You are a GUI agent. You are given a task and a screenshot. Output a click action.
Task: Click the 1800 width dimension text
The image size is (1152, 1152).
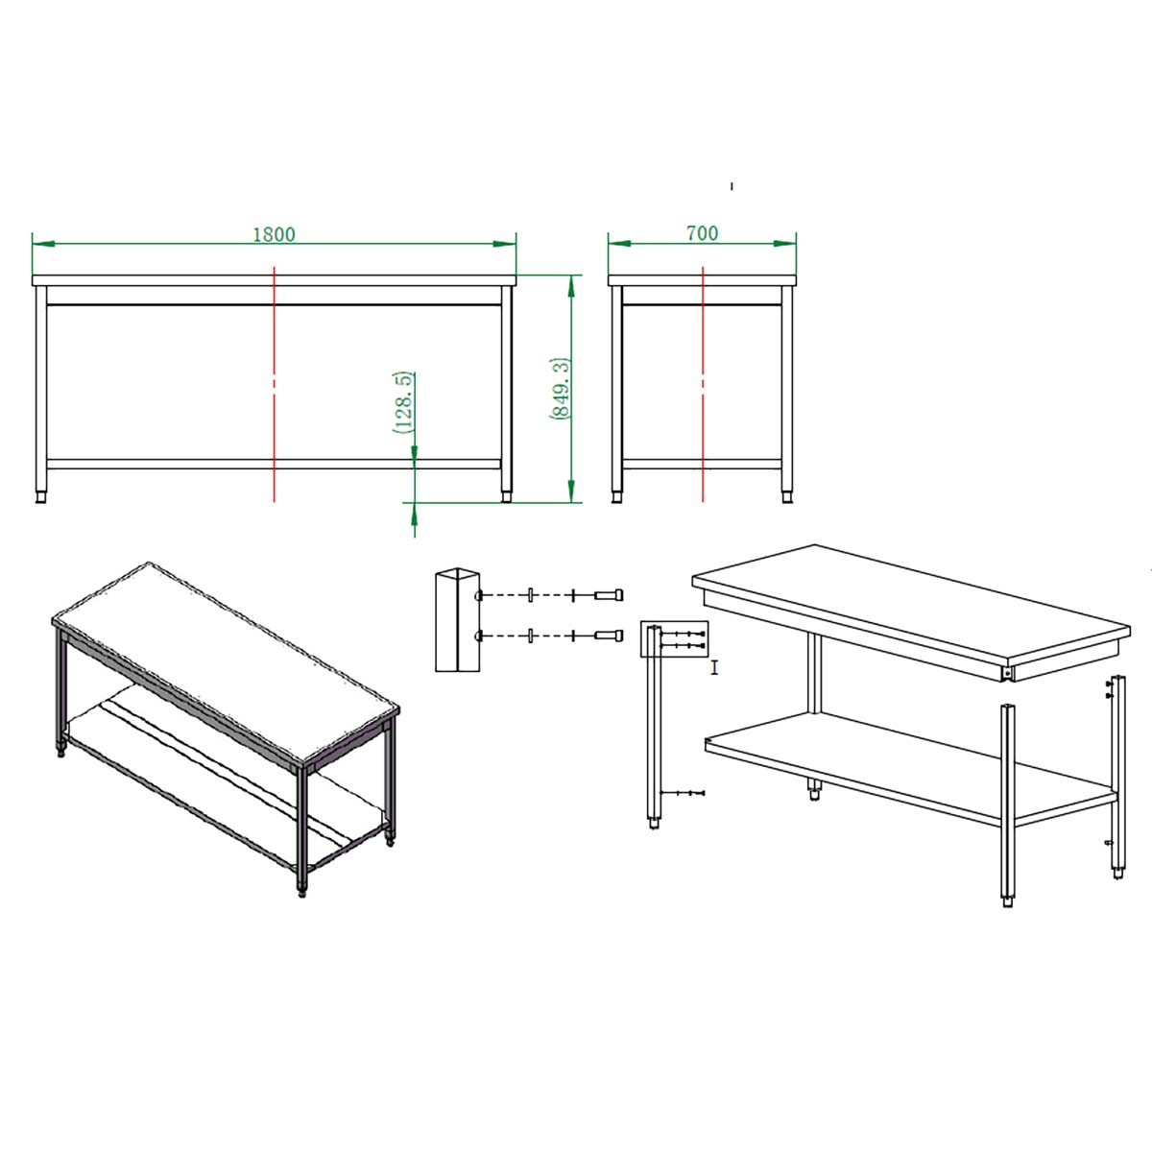(274, 233)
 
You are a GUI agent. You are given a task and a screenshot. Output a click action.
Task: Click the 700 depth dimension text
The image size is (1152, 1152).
(702, 232)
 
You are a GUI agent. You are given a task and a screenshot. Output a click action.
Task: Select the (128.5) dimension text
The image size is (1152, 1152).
(404, 402)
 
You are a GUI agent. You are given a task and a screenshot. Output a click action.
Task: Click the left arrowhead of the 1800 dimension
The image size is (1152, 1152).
(43, 244)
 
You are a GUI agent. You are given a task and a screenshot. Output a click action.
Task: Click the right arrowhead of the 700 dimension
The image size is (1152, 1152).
(784, 243)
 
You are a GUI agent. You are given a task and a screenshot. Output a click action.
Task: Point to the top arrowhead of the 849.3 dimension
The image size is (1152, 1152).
(571, 287)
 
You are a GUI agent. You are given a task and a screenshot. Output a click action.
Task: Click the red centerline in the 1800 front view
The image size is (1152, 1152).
(274, 384)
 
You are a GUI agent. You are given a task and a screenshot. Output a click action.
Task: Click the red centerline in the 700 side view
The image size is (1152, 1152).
(703, 384)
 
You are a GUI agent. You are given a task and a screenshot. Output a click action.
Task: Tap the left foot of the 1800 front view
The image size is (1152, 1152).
(41, 496)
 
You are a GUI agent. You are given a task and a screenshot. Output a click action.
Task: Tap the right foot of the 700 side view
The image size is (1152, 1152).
(787, 496)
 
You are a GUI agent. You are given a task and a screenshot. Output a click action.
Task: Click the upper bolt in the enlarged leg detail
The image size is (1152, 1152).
(610, 594)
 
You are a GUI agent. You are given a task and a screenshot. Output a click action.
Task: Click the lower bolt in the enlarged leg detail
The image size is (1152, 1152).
(610, 636)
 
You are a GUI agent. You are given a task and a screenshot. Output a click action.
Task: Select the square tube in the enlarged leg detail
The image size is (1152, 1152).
(457, 619)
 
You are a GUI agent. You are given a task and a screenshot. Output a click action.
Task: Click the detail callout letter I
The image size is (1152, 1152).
(714, 668)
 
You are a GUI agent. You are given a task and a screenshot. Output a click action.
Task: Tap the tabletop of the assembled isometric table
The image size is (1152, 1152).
(226, 662)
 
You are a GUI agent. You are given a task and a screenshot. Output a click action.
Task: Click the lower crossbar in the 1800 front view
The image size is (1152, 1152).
(274, 464)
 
